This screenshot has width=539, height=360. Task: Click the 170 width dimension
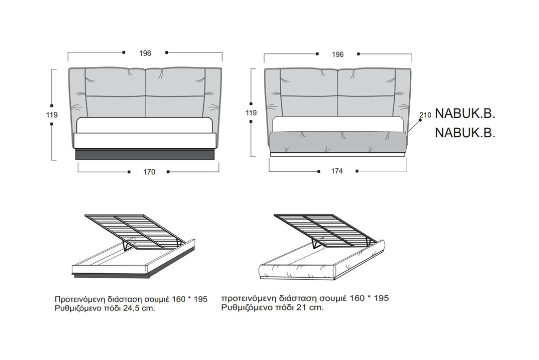[x=149, y=172]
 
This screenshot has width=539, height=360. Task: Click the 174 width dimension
[x=337, y=171]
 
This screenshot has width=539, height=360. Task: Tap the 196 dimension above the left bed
[x=145, y=53]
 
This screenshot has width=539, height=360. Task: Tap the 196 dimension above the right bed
[x=337, y=54]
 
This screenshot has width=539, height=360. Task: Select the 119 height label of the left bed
[x=52, y=115]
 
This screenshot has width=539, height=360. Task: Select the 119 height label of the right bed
[x=251, y=112]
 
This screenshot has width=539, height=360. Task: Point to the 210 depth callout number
[x=426, y=115]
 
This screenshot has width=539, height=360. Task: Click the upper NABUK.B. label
[x=465, y=114]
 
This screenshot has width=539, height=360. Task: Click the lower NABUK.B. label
[x=465, y=133]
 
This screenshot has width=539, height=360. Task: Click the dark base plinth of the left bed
[x=145, y=154]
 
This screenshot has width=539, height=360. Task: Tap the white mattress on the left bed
[x=145, y=125]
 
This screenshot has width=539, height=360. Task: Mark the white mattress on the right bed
[x=338, y=124]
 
